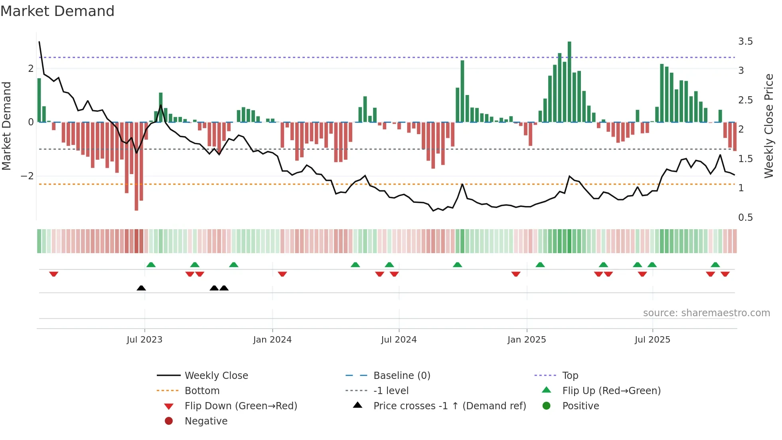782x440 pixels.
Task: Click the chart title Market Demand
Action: coord(57,11)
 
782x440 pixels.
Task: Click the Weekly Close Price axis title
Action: coord(768,126)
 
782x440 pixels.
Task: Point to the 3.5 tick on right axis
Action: coord(745,42)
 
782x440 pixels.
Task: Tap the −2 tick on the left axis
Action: coord(27,176)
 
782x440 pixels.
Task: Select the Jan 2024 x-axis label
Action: coord(272,340)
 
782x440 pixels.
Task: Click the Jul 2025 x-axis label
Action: coord(652,340)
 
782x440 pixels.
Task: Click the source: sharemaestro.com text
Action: coord(706,313)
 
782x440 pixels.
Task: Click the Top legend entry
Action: coord(570,376)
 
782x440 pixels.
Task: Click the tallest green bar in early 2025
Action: coord(569,82)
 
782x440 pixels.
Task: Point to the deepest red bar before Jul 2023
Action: coord(136,166)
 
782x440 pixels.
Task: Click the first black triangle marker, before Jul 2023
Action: coord(141,288)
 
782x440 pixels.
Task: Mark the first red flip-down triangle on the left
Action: coord(54,274)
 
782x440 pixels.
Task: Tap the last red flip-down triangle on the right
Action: coord(725,274)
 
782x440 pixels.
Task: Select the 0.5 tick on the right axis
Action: coord(745,218)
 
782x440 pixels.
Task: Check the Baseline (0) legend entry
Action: coord(401,376)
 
